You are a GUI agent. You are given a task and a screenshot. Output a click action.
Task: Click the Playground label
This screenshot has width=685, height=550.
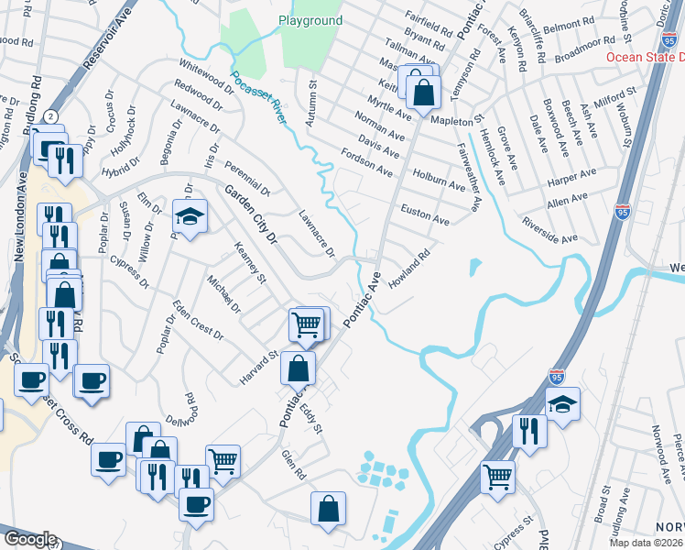(312, 20)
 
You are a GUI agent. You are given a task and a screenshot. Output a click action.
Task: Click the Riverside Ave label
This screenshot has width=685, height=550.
(549, 230)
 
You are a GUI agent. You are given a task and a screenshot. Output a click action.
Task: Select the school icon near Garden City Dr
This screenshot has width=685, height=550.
(190, 216)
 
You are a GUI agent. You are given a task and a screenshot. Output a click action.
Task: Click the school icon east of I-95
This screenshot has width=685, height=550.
(562, 403)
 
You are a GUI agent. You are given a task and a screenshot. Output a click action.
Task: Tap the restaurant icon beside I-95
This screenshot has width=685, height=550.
(529, 430)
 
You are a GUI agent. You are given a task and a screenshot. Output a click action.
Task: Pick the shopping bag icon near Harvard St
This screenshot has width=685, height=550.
(299, 368)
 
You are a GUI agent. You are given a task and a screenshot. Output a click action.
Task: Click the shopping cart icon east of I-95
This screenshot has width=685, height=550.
(497, 476)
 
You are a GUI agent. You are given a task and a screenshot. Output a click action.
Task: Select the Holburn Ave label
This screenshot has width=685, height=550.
(439, 179)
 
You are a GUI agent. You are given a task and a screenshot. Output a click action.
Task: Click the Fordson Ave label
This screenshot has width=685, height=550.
(366, 163)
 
